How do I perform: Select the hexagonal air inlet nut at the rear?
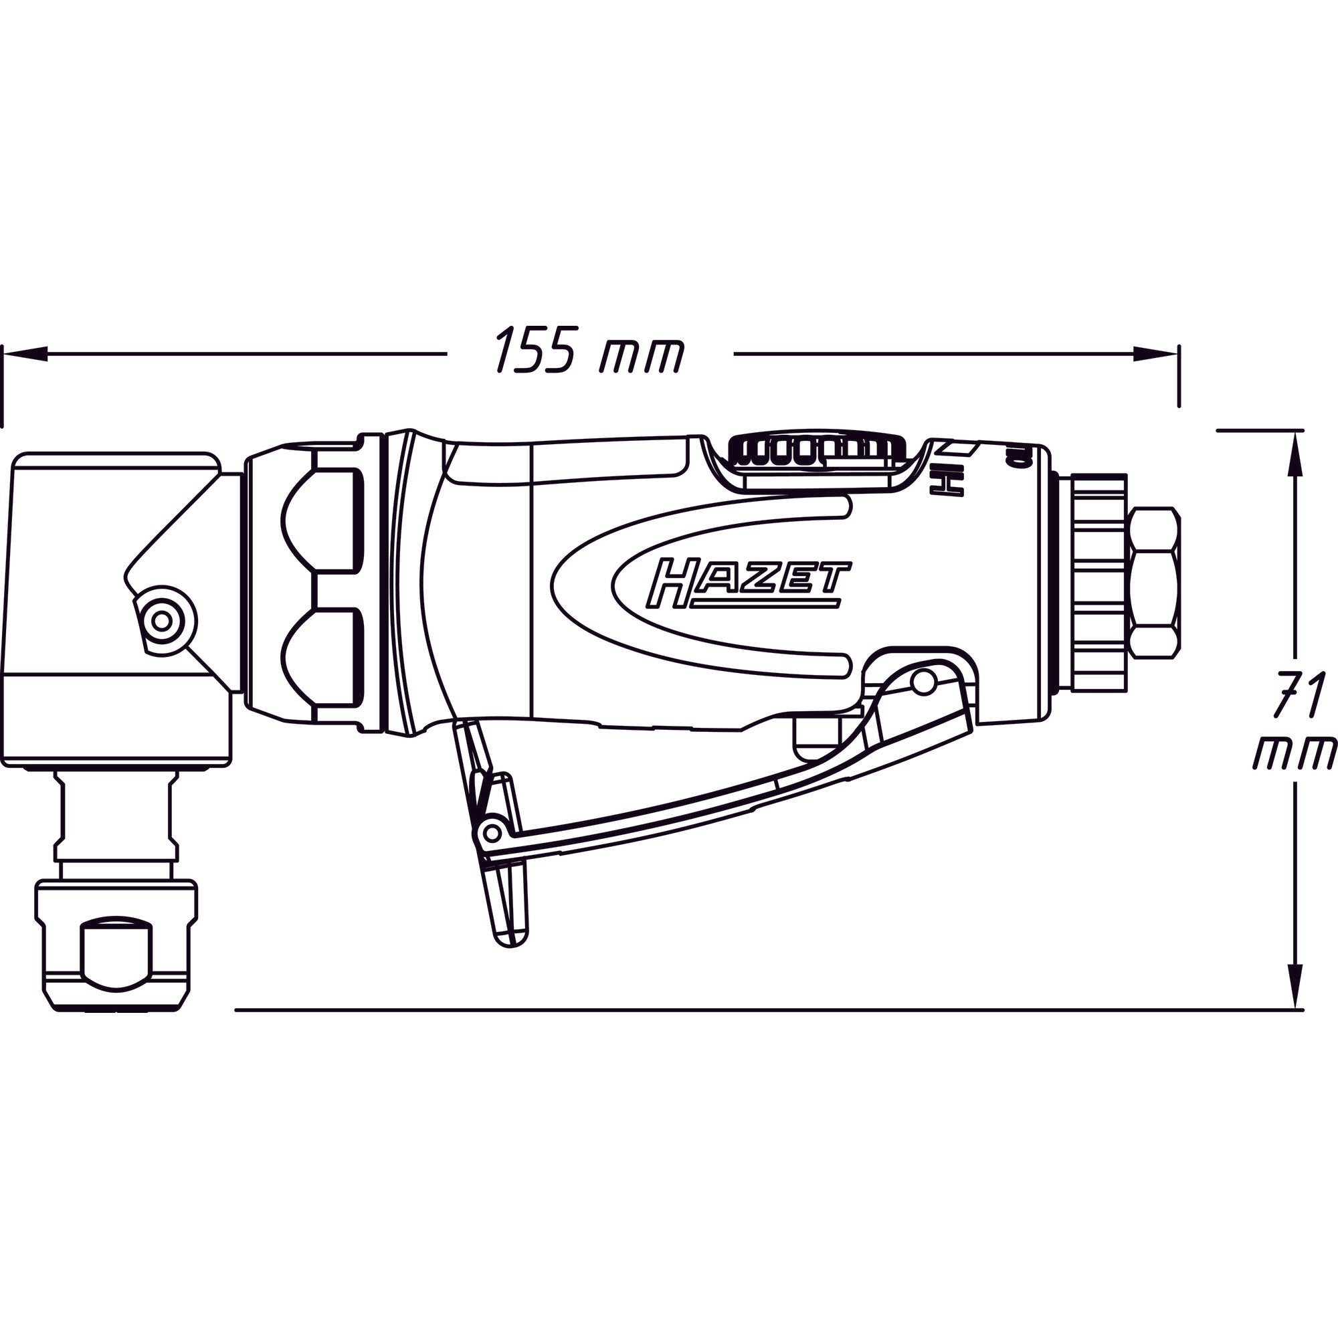pos(1153,583)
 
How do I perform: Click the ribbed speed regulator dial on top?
pos(818,449)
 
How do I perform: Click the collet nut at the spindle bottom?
pos(116,945)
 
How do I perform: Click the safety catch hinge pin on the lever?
pos(492,830)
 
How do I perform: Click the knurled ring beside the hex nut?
pos(1098,582)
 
